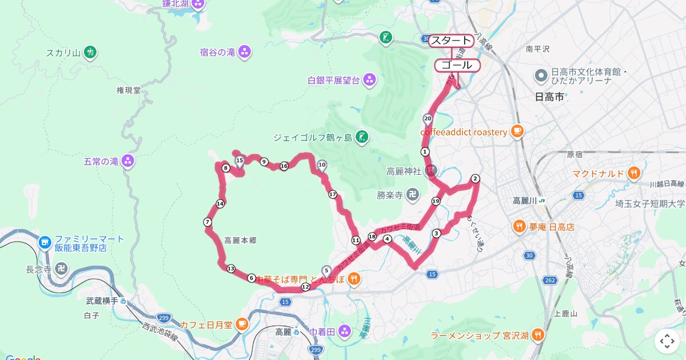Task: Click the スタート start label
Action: click(451, 41)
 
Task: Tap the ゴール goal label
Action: click(457, 65)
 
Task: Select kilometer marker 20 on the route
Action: click(427, 118)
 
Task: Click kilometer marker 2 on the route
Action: click(475, 179)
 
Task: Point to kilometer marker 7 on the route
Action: click(208, 222)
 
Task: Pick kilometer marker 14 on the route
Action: click(220, 203)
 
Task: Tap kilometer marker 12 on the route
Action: click(305, 287)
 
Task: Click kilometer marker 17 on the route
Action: click(333, 195)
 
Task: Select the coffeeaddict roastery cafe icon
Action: click(517, 132)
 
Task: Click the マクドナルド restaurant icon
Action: click(633, 173)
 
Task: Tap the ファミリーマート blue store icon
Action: click(45, 243)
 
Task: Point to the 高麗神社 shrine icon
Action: click(431, 171)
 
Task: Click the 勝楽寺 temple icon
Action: click(412, 195)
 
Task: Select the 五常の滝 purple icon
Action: click(128, 162)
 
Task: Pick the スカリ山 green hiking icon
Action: click(90, 53)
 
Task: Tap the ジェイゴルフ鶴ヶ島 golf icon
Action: click(361, 137)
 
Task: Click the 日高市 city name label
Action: click(549, 97)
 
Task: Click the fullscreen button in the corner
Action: click(667, 341)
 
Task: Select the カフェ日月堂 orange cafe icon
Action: click(242, 325)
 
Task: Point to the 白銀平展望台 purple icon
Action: click(369, 80)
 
